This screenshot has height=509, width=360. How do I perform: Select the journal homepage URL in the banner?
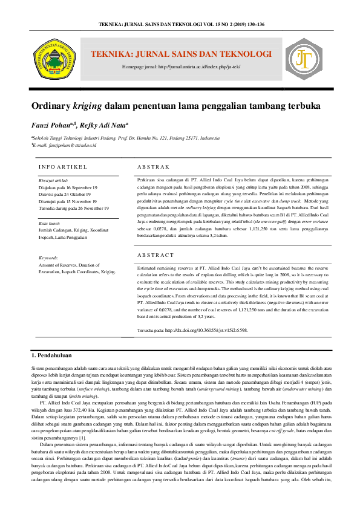click(180, 65)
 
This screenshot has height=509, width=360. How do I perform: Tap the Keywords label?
click(51, 258)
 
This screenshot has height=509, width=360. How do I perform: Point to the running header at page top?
click(180, 24)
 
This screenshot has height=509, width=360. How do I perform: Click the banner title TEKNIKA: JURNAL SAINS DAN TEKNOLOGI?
click(181, 54)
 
